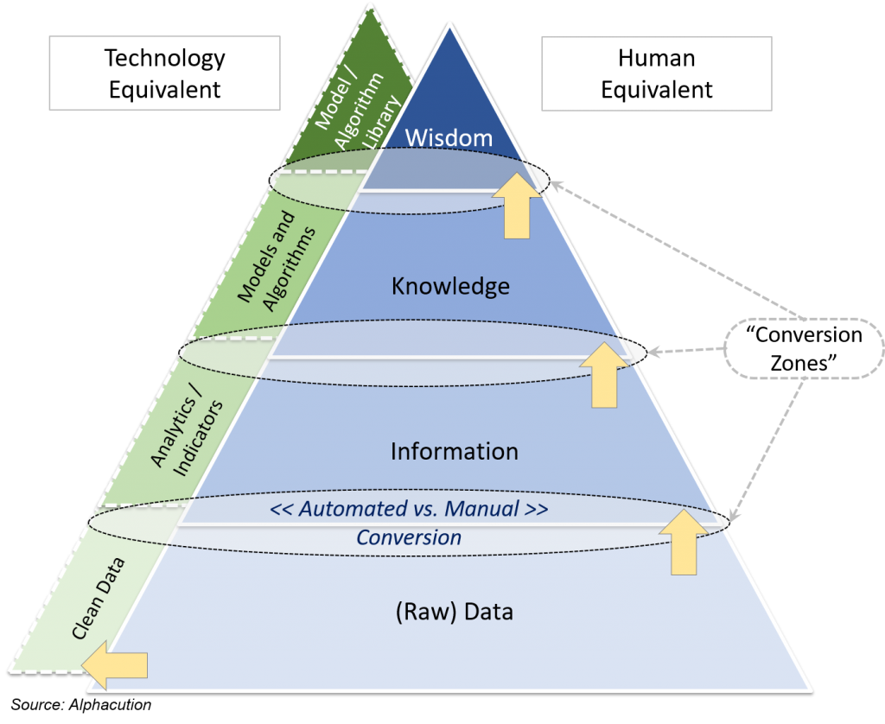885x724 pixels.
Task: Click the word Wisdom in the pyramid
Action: click(x=449, y=137)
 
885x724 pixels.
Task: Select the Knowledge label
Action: click(x=450, y=286)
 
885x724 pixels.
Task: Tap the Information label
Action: click(x=454, y=451)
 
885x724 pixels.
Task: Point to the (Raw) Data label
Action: click(x=454, y=612)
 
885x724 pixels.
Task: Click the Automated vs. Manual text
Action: click(x=408, y=509)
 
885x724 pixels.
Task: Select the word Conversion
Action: click(x=409, y=537)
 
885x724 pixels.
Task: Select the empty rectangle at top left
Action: click(x=164, y=73)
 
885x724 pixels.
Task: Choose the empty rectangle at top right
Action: click(x=656, y=73)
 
